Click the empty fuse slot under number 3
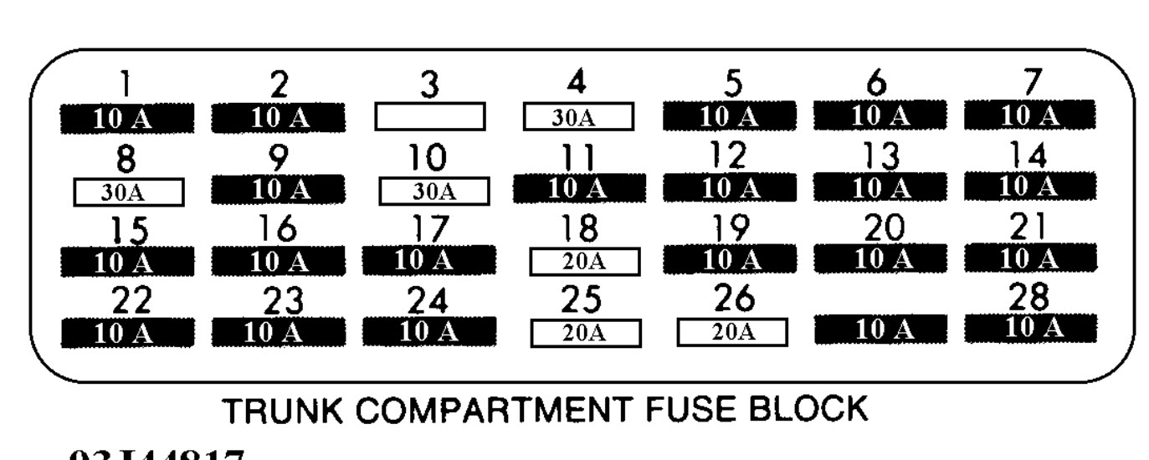(x=430, y=117)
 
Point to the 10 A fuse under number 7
(x=1029, y=115)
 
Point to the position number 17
(x=428, y=228)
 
